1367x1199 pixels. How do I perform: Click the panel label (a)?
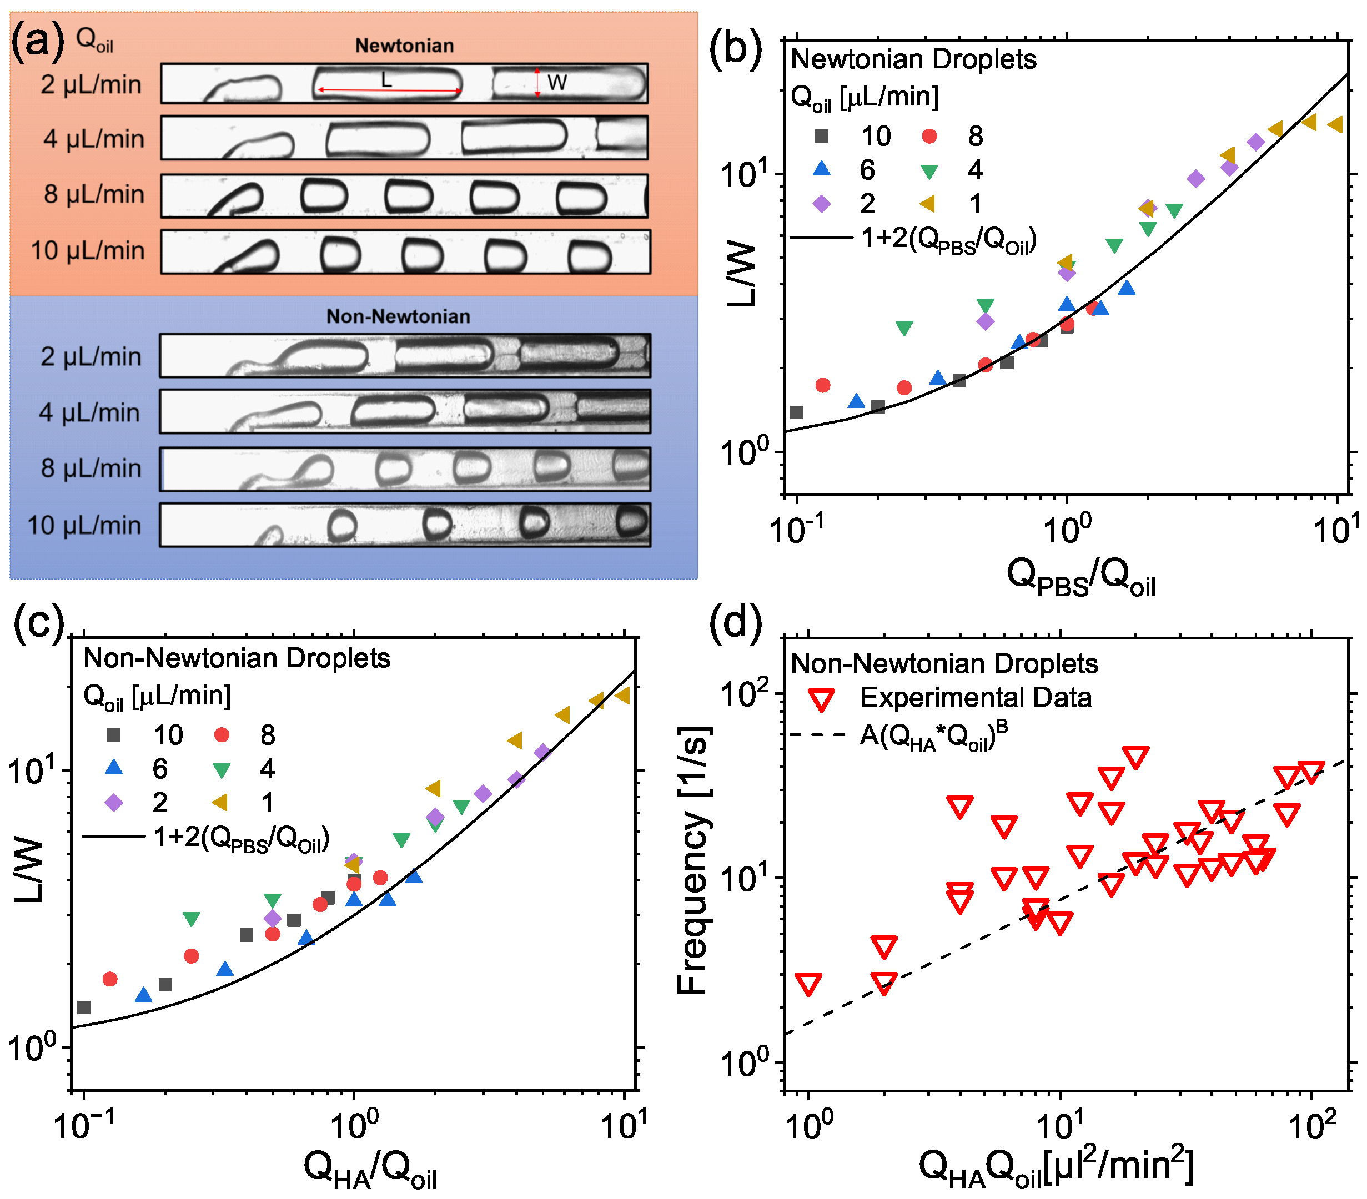pos(37,40)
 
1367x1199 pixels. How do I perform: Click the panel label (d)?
pos(735,623)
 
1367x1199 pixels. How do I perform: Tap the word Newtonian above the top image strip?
pos(404,46)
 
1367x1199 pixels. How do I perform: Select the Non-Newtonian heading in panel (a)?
pos(398,316)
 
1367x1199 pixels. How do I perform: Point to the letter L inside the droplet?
pos(386,80)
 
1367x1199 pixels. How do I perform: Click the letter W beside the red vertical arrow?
pos(556,82)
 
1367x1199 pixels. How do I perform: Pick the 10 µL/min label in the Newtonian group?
pos(87,251)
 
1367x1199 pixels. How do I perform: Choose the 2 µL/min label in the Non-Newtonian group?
pos(91,356)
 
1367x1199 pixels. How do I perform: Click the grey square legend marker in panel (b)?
pos(821,137)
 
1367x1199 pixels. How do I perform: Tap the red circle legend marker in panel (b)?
pos(929,137)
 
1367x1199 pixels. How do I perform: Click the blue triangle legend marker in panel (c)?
pos(114,768)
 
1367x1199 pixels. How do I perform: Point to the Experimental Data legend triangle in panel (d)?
pos(821,699)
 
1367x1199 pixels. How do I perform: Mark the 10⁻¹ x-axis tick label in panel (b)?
pos(795,530)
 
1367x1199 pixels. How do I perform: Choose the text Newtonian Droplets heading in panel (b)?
pos(913,59)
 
